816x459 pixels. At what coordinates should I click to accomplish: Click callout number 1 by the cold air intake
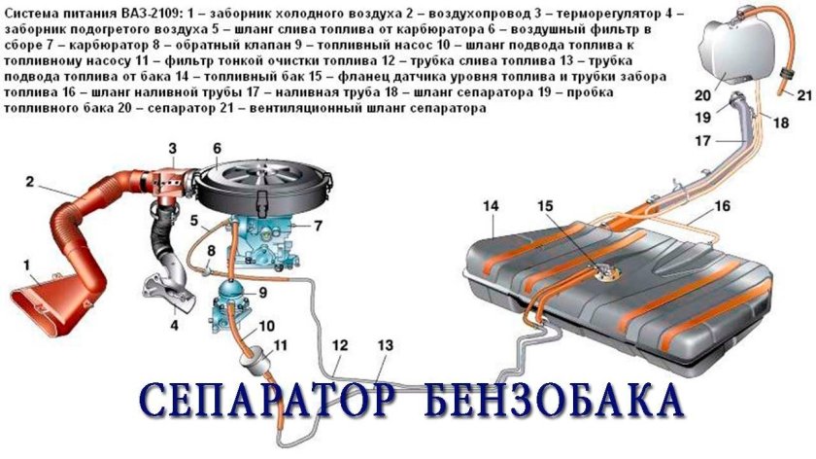pos(27,263)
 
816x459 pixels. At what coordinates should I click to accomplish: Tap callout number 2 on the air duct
pos(30,181)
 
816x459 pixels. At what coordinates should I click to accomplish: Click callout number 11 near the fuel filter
pos(281,345)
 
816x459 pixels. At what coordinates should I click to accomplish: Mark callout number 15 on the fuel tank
pos(545,206)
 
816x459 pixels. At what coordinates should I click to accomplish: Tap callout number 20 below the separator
pos(701,95)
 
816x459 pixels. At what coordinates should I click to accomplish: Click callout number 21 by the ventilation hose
pos(802,94)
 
